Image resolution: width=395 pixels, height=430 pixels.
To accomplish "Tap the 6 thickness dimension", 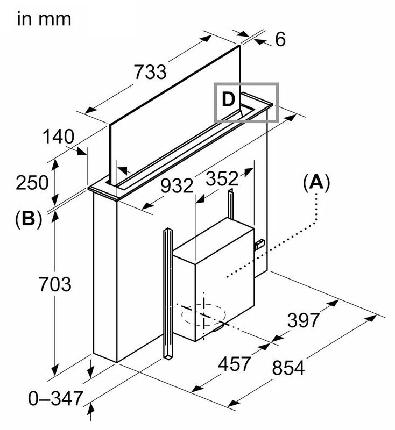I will coord(279,39).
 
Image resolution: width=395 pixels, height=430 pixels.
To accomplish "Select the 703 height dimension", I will coord(54,283).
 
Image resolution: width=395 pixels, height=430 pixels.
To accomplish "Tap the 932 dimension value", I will coord(176,186).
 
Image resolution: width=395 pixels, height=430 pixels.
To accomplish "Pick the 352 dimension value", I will coord(222,179).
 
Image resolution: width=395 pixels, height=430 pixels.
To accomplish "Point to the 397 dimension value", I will coord(302,320).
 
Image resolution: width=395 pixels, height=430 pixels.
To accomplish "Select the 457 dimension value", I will coord(234,364).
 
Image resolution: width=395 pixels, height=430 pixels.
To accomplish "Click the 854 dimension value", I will coord(288,368).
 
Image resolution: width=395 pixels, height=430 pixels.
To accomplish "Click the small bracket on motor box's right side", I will coord(259,245).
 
